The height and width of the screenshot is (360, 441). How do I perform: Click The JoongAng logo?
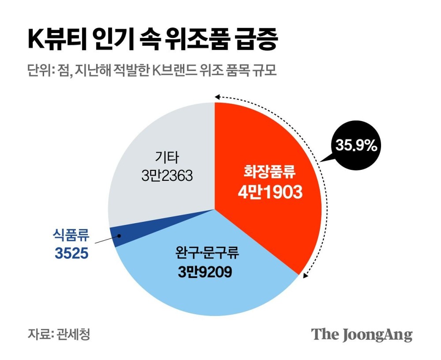362,334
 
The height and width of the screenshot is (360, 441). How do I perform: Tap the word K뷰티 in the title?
53,41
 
